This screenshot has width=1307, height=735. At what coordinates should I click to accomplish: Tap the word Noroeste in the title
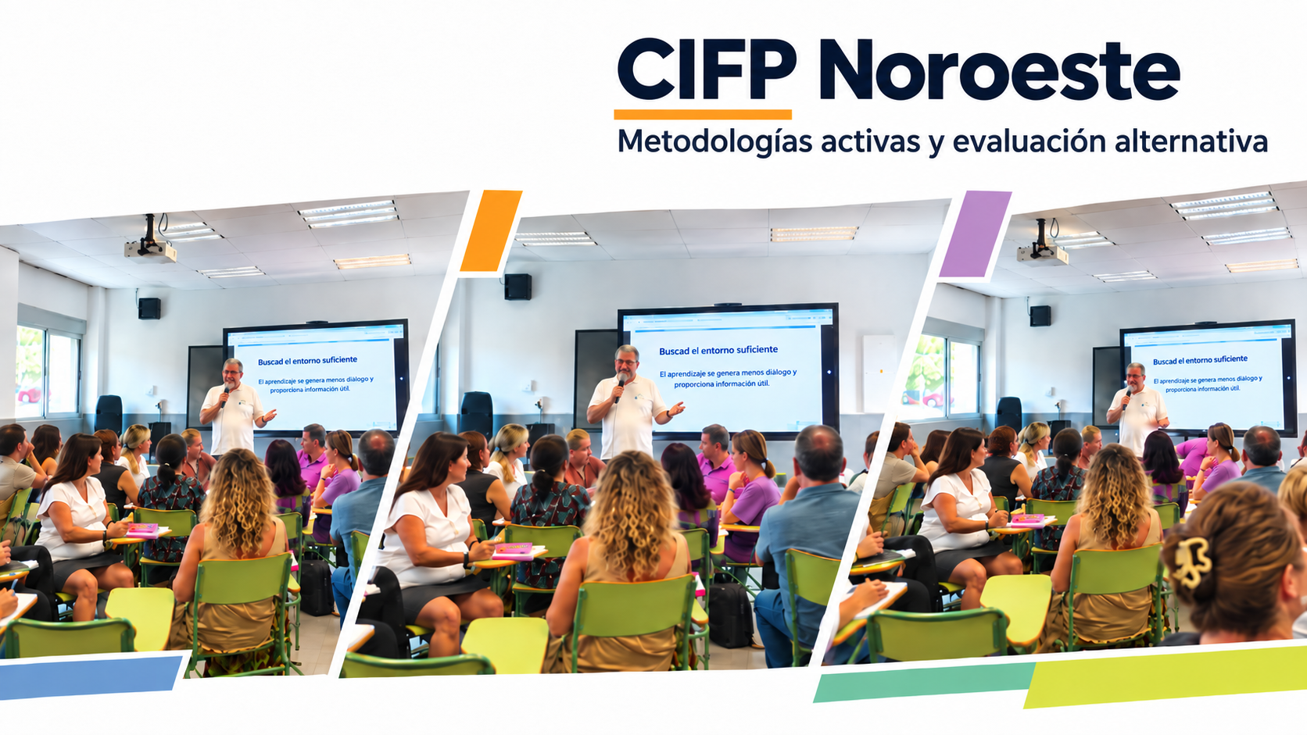coord(1000,70)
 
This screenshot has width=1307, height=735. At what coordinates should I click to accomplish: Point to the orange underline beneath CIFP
coord(703,115)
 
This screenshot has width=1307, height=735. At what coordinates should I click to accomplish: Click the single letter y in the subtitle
coord(936,146)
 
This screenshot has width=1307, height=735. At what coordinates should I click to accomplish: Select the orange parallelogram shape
coord(491,231)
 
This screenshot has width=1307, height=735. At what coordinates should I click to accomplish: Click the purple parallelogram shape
coord(975,234)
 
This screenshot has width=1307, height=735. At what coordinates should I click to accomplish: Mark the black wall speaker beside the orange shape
coord(517,287)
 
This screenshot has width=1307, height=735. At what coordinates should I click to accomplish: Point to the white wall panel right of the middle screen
coord(879,373)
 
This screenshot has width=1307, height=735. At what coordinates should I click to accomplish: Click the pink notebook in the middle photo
coord(512,549)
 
